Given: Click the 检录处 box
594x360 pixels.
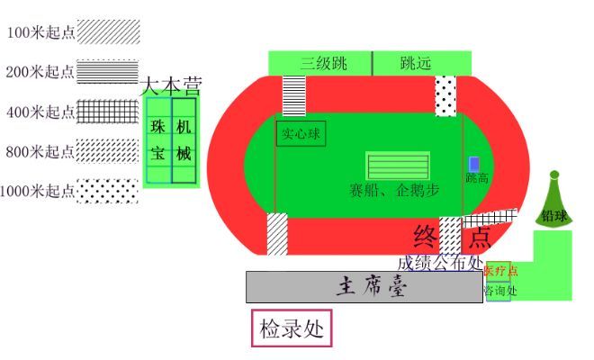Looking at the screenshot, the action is coord(291,328).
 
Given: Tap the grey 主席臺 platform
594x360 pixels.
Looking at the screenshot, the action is coord(364,287).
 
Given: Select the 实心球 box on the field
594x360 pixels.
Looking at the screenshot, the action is coord(301,134).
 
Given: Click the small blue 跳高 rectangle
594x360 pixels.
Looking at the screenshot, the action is coord(474,165).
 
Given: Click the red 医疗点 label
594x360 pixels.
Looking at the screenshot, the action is coord(500,270).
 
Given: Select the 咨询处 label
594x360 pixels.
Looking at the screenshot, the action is coord(499,291).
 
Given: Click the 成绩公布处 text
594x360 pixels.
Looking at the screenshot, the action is coord(439,263).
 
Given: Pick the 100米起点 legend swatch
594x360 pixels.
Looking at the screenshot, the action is coord(108,31).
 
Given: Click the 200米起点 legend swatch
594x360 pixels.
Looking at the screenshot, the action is coord(108,71).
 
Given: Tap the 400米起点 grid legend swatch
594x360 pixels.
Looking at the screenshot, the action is coord(108,112).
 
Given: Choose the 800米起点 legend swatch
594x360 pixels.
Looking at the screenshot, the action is coord(108,150).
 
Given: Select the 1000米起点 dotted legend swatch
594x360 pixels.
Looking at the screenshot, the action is coord(108,191).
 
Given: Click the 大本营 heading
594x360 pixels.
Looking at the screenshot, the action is coord(171,86).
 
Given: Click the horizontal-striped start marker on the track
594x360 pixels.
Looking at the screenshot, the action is coord(294,95).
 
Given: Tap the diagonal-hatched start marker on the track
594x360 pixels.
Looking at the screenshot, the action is coord(276,234).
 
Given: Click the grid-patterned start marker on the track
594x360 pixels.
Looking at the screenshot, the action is coord(490,218).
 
